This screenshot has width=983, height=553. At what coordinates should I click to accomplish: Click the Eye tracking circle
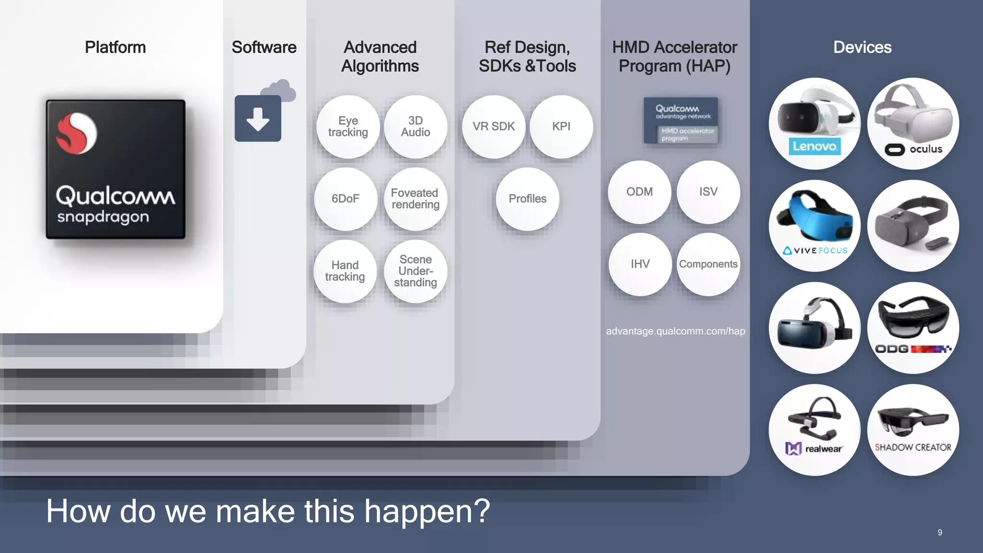[348, 127]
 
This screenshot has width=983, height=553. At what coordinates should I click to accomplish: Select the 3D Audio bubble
[416, 127]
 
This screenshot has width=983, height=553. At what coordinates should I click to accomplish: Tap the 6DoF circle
[346, 199]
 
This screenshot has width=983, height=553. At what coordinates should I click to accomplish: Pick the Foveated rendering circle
[416, 199]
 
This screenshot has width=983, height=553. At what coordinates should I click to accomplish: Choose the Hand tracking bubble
[345, 271]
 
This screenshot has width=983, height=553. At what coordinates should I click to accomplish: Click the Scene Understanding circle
[416, 271]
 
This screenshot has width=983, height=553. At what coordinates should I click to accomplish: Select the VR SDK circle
[493, 127]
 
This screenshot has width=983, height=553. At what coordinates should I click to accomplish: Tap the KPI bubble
[561, 127]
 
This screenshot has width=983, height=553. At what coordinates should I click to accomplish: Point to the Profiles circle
[527, 199]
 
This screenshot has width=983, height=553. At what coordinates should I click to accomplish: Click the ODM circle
[640, 192]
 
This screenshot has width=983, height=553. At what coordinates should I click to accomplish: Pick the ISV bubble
[708, 192]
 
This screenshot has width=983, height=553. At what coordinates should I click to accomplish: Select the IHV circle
[640, 264]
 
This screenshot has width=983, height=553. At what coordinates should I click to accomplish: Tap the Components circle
[708, 264]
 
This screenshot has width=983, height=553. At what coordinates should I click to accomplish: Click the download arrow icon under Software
[258, 119]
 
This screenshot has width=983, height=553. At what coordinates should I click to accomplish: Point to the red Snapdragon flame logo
[76, 133]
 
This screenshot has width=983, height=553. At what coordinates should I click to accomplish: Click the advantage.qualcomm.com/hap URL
[675, 331]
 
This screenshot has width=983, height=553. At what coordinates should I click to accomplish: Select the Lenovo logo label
[815, 146]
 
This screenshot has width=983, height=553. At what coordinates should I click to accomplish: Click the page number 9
[940, 532]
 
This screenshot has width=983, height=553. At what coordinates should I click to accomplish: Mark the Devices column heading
[862, 48]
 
